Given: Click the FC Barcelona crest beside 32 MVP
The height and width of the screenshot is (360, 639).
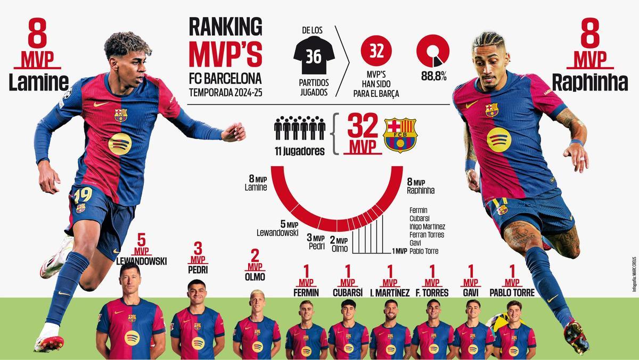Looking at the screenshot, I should pyautogui.click(x=400, y=135).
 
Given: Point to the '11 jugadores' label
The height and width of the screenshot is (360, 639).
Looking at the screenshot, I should pyautogui.click(x=299, y=151).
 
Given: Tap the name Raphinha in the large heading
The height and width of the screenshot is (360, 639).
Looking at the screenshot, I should pyautogui.click(x=589, y=82).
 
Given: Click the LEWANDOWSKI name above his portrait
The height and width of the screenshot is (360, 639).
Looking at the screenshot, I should pyautogui.click(x=142, y=261).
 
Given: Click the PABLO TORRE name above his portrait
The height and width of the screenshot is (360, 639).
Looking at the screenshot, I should pyautogui.click(x=512, y=292).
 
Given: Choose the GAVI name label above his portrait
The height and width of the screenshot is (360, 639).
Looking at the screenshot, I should pyautogui.click(x=471, y=292).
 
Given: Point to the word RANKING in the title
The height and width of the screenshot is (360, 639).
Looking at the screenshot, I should pyautogui.click(x=226, y=27).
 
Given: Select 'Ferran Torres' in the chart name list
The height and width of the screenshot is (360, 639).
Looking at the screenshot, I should pyautogui.click(x=427, y=234).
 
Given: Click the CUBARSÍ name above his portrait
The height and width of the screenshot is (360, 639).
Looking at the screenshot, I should pyautogui.click(x=348, y=292).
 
